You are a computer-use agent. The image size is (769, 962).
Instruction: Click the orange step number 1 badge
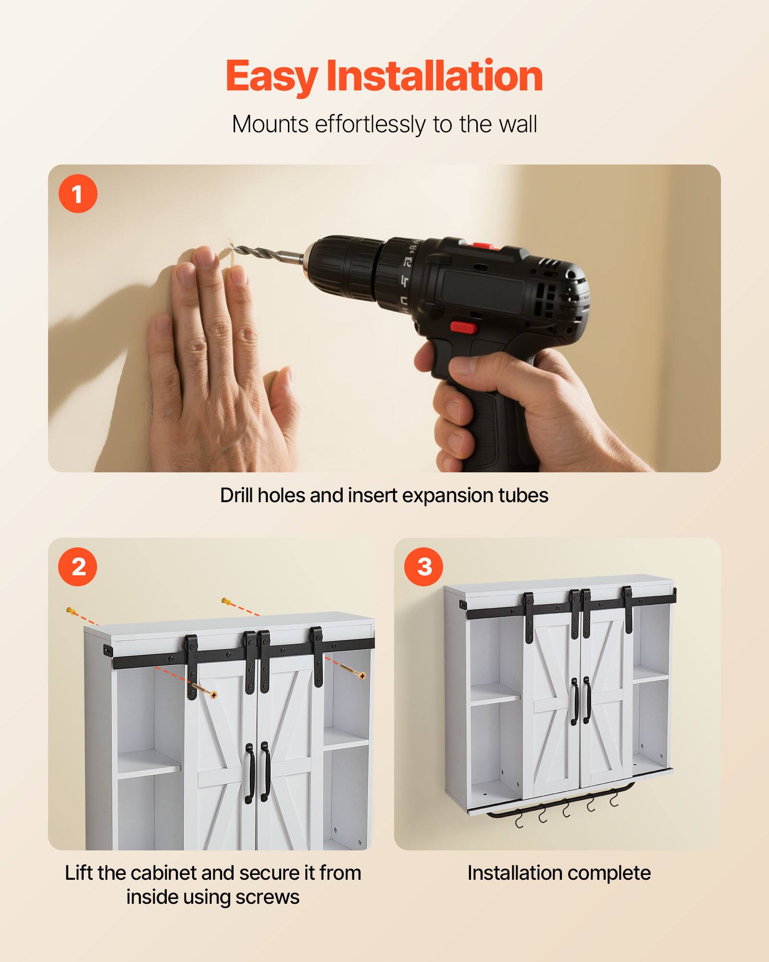click(x=78, y=194)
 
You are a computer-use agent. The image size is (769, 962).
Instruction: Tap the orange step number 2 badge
click(x=78, y=567)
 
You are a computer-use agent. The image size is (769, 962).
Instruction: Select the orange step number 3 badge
click(x=424, y=567)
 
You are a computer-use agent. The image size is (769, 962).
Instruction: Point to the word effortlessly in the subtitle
click(x=370, y=124)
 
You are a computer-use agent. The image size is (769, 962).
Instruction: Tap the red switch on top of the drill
click(x=483, y=246)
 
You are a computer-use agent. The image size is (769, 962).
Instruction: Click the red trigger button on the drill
click(x=463, y=328)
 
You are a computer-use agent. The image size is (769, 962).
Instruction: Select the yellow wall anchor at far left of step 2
click(x=72, y=611)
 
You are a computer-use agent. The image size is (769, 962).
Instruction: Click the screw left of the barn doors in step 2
click(x=204, y=690)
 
